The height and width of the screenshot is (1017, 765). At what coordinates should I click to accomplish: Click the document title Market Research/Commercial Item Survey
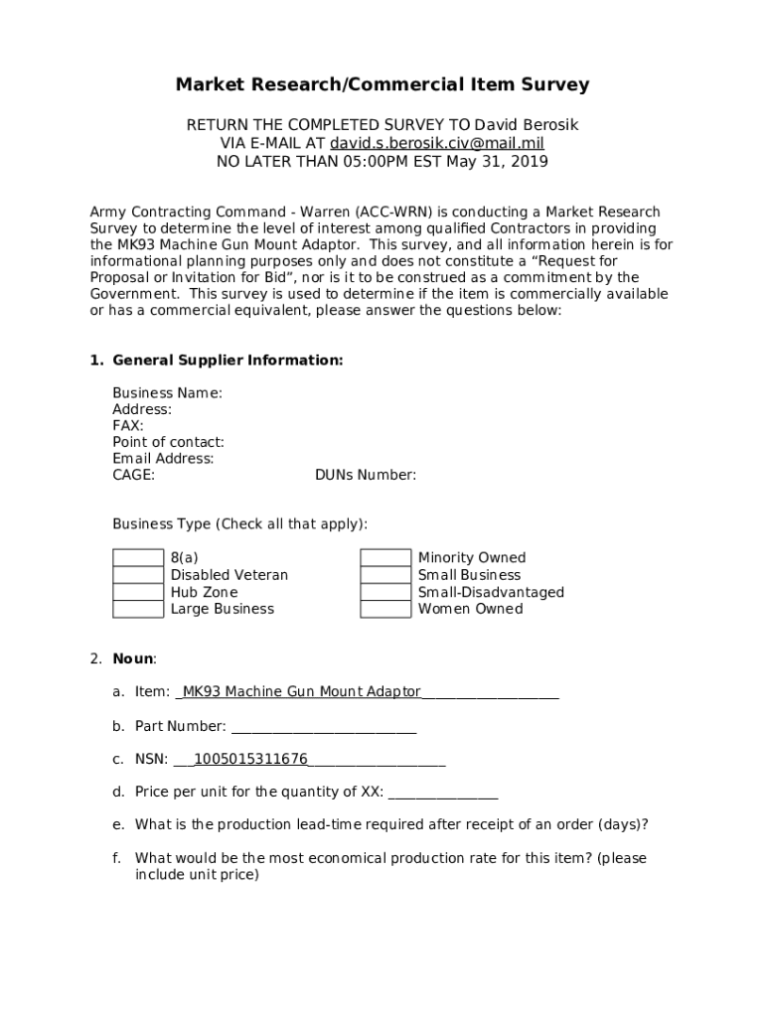point(382,85)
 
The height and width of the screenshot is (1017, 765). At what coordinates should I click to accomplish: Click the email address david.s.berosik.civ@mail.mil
point(437,143)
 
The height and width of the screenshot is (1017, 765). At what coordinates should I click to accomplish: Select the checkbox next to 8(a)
point(138,558)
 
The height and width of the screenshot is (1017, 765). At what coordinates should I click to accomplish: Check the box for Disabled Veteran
point(138,575)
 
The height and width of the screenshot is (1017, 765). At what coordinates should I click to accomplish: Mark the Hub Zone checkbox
point(138,592)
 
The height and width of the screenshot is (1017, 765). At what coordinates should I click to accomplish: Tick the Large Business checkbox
point(138,609)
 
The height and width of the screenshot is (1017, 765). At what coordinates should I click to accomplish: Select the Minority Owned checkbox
point(385,558)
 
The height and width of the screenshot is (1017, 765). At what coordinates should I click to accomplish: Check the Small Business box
point(385,575)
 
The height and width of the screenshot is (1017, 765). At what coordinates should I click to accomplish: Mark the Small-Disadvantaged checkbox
point(385,592)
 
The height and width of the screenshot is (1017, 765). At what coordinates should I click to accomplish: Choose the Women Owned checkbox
point(385,609)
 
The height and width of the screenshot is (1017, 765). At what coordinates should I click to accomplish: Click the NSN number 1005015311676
point(250,760)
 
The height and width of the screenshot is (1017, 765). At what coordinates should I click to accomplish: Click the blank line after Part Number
point(323,728)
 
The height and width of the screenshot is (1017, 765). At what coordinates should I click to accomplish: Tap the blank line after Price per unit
point(443,793)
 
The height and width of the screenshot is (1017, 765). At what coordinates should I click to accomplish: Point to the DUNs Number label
point(366,476)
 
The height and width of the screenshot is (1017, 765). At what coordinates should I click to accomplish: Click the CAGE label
point(133,476)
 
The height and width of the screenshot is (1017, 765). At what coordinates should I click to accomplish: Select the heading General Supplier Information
point(228,361)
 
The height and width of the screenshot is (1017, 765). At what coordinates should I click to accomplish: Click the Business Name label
point(167,393)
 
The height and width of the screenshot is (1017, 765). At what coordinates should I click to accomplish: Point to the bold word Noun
point(133,658)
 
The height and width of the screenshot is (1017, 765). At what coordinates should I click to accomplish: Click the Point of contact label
point(168,442)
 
